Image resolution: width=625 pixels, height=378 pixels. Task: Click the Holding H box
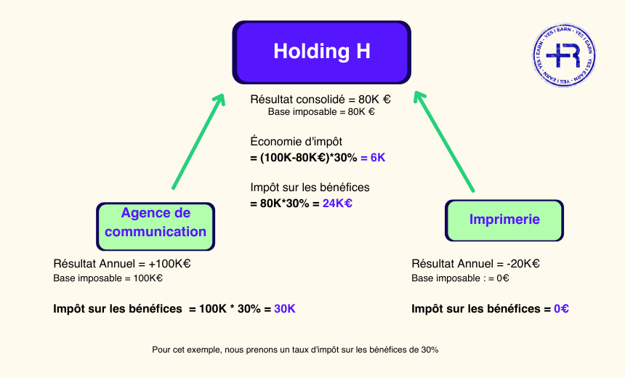[321, 52]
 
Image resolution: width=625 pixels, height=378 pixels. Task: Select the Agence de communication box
[156, 222]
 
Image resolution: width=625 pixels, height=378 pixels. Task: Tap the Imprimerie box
[504, 219]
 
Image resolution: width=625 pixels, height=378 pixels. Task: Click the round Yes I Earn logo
[567, 56]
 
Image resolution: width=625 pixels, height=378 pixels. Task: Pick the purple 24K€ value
[337, 204]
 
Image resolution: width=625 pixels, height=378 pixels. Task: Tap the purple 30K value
[285, 308]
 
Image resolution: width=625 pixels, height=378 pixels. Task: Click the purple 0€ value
[561, 308]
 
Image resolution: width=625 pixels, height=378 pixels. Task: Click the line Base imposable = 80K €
[320, 113]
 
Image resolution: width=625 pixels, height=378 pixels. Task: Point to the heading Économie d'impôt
[296, 142]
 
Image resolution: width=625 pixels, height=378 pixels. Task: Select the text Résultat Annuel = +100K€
[122, 263]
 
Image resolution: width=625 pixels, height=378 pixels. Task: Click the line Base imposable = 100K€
[108, 278]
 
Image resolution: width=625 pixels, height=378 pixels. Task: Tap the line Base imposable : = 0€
[460, 278]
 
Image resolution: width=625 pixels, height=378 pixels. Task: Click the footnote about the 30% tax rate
[295, 350]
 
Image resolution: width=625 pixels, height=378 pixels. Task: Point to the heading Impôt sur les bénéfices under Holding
[310, 188]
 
